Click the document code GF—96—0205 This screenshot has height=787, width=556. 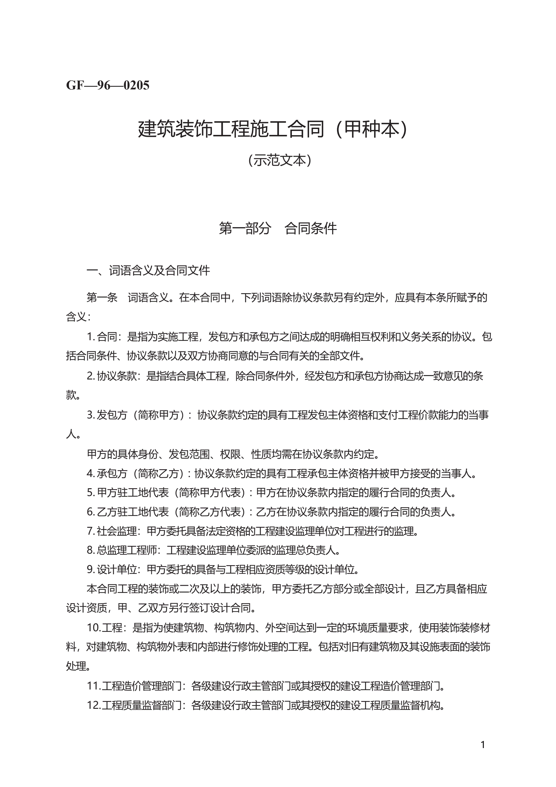click(x=108, y=85)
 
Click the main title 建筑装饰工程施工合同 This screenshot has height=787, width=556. click(x=231, y=129)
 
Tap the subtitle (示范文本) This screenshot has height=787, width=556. click(x=279, y=160)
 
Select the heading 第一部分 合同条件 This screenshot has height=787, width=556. click(x=278, y=228)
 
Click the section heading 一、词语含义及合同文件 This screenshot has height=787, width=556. click(x=148, y=270)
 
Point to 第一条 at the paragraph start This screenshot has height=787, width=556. click(x=102, y=297)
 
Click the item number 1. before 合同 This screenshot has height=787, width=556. click(x=91, y=336)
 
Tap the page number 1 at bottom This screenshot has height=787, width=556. click(x=482, y=745)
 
